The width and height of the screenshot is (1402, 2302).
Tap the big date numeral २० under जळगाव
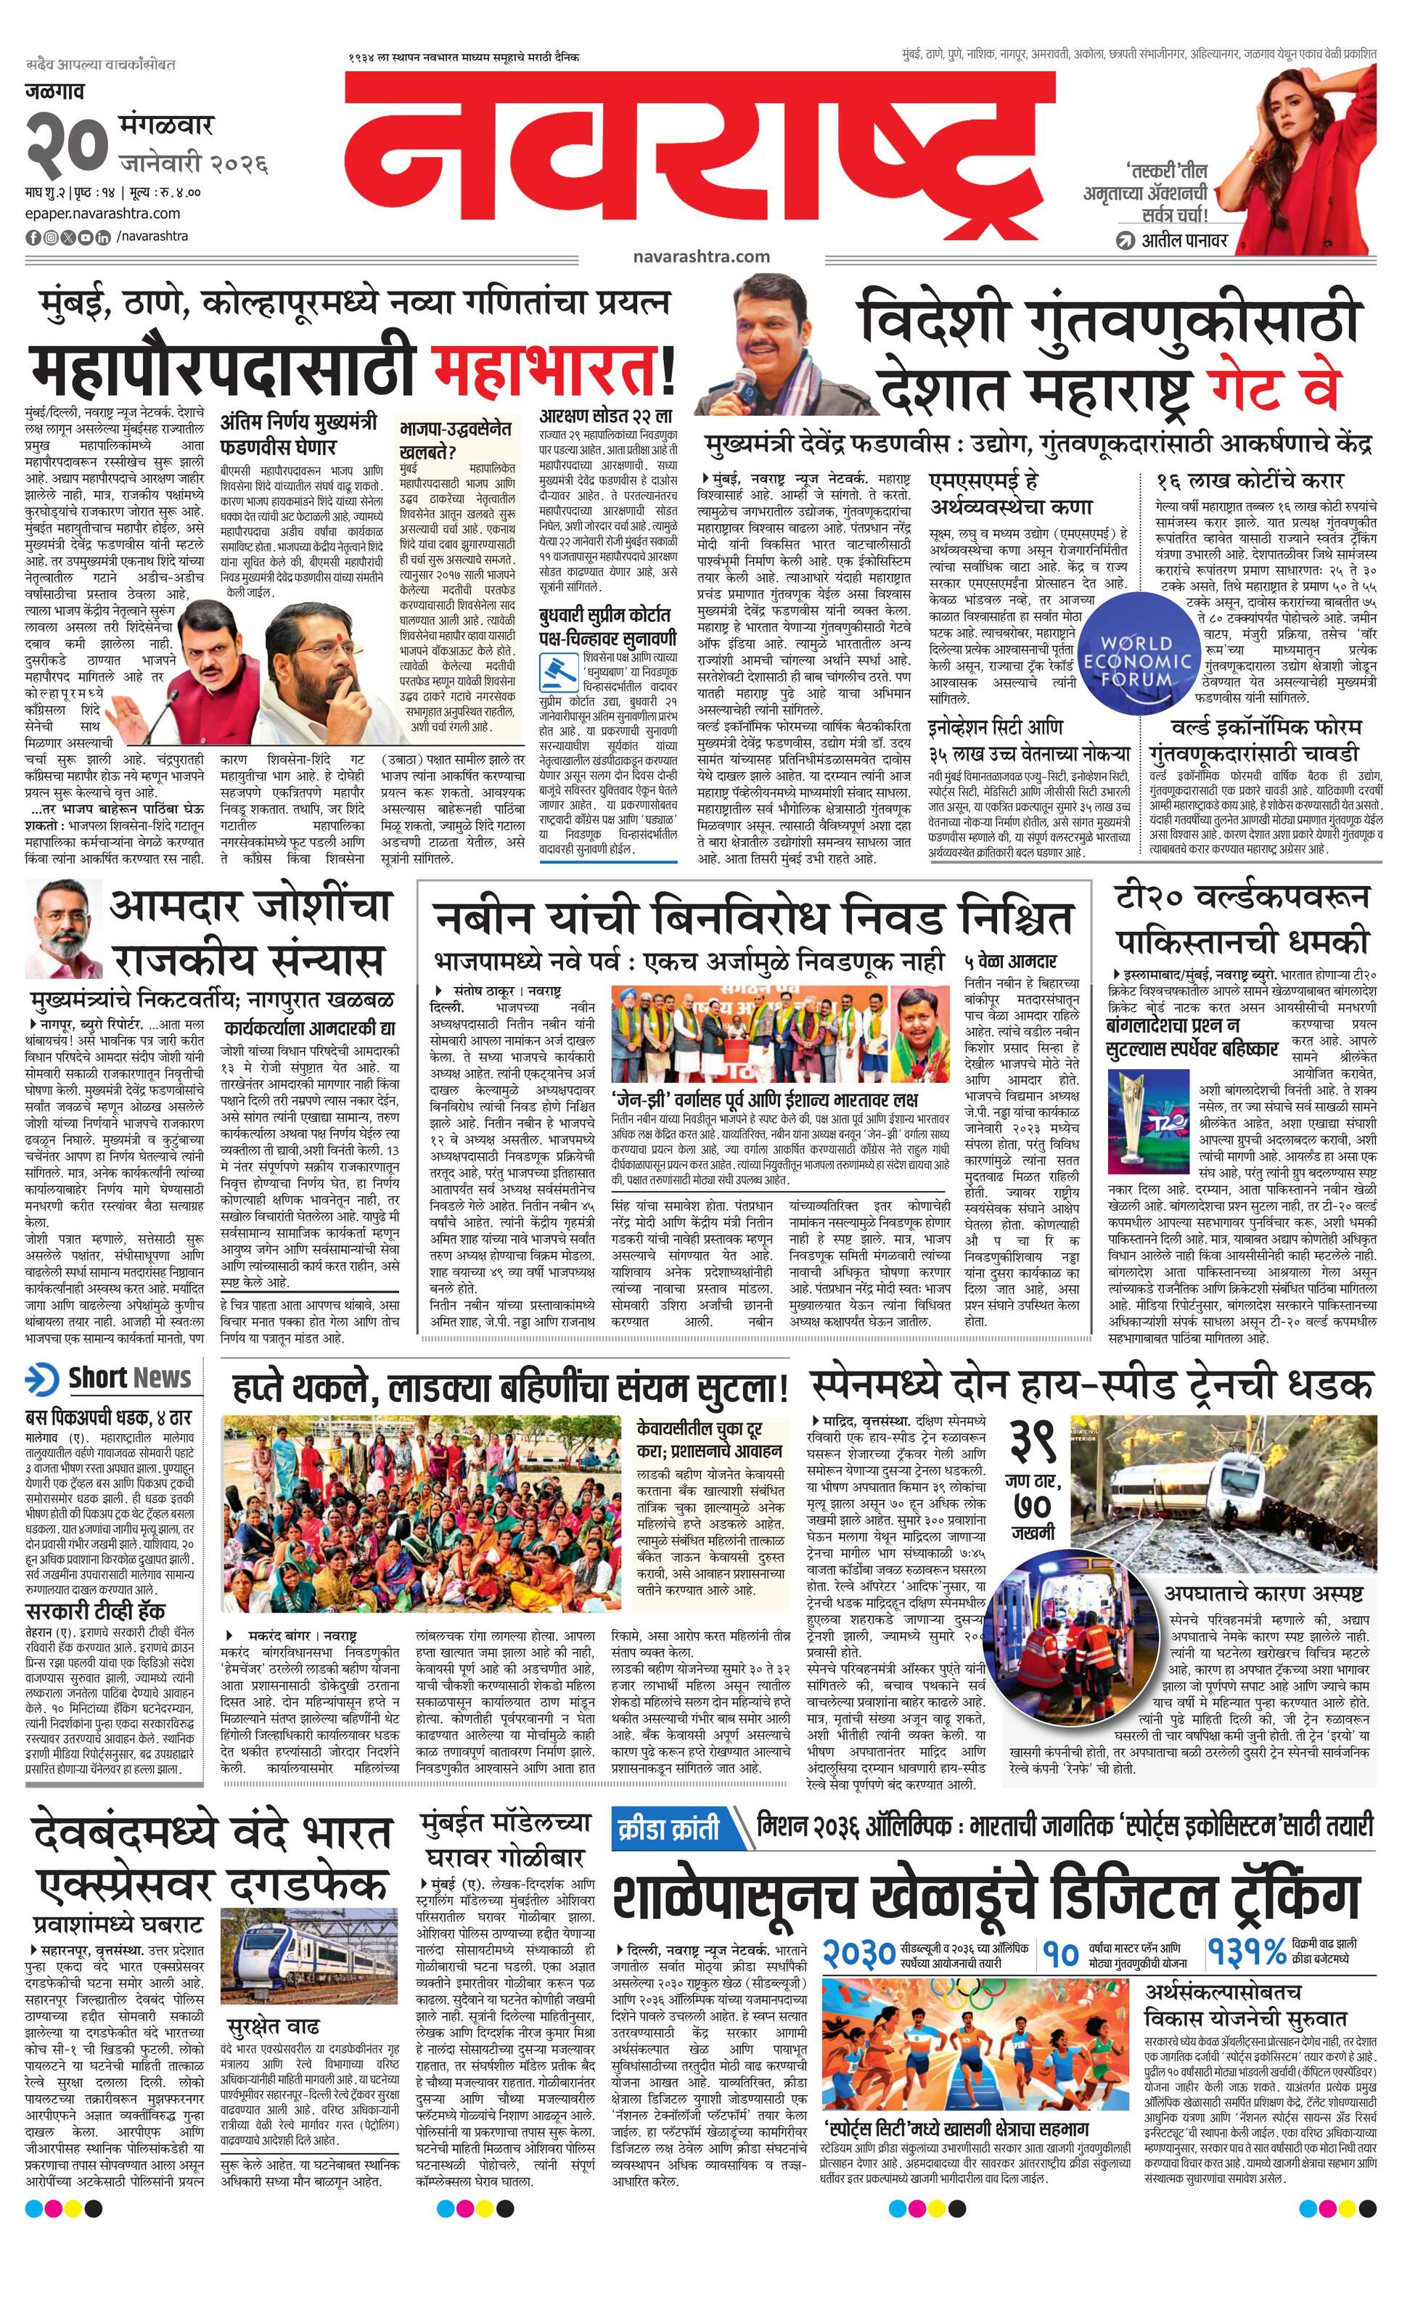click(65, 143)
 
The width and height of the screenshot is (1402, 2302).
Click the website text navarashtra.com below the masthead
click(700, 256)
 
